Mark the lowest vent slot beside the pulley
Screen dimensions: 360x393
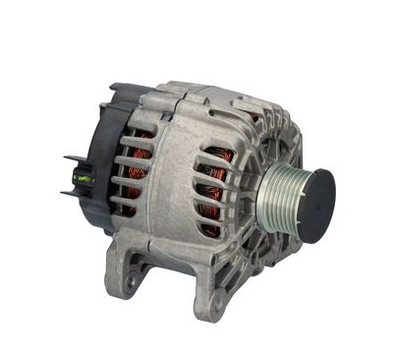[210, 228]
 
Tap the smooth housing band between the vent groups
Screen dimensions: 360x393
[172, 177]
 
